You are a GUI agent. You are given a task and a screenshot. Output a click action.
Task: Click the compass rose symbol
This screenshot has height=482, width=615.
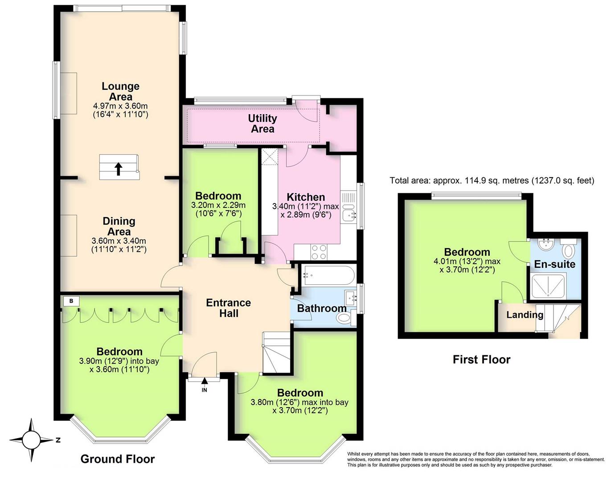31,440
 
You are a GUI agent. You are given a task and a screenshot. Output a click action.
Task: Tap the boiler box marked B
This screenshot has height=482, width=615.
71,301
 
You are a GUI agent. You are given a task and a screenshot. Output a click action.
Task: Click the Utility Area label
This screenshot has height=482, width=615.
262,124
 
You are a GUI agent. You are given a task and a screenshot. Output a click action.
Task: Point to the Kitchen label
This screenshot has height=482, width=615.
306,197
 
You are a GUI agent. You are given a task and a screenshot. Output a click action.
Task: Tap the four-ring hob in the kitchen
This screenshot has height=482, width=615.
319,252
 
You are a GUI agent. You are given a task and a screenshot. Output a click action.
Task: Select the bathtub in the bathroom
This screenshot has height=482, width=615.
328,274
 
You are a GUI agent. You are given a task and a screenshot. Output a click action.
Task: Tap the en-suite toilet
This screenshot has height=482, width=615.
568,248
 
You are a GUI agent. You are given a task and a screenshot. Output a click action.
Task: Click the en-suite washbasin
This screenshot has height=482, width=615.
545,244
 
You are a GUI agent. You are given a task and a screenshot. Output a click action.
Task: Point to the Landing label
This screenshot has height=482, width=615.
525,315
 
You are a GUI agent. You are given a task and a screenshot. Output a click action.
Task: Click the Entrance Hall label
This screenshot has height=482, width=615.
228,308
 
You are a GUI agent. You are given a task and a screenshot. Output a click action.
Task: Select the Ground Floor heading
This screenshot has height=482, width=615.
118,459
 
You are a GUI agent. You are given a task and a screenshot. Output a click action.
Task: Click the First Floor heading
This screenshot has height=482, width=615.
481,359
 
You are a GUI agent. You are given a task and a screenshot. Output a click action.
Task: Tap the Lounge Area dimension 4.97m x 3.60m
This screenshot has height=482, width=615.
120,106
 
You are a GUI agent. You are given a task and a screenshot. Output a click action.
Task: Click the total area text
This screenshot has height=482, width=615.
492,180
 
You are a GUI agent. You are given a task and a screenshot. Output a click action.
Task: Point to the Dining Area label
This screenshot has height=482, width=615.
119,226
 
